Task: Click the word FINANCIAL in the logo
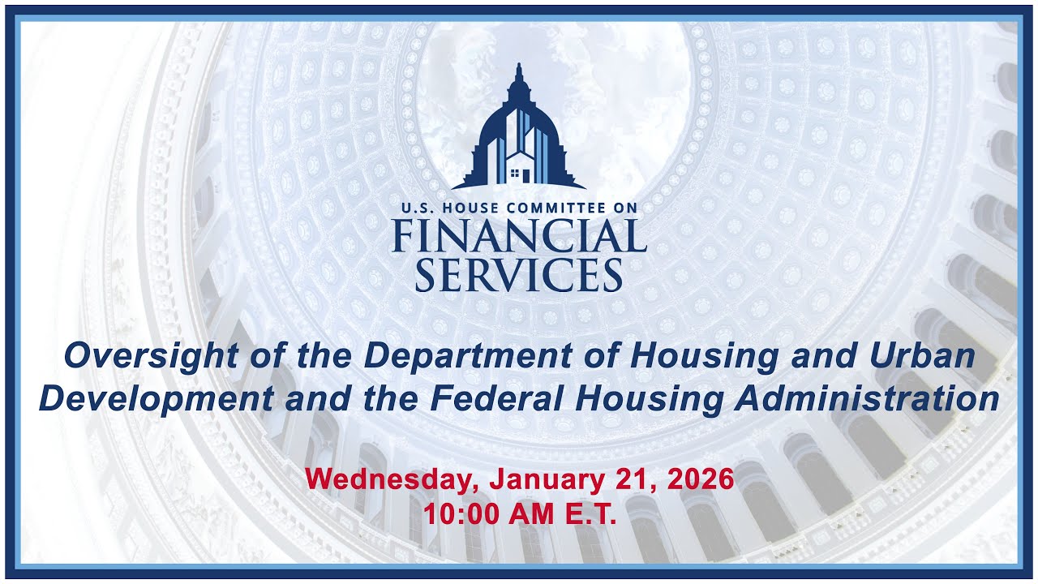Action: [x=519, y=236]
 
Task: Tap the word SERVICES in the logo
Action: [x=519, y=275]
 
